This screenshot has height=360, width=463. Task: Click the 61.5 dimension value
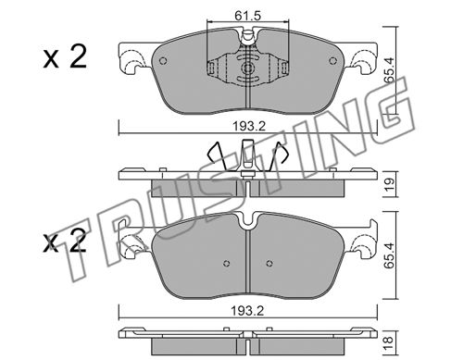(x=247, y=16)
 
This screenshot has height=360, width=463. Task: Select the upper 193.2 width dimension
(x=249, y=126)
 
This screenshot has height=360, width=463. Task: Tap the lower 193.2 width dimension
(x=248, y=311)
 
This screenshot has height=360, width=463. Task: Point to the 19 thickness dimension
(x=390, y=184)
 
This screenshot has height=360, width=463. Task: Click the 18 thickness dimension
(x=389, y=341)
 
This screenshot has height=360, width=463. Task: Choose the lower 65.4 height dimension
(x=390, y=255)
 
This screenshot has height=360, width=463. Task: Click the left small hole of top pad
(x=163, y=61)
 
